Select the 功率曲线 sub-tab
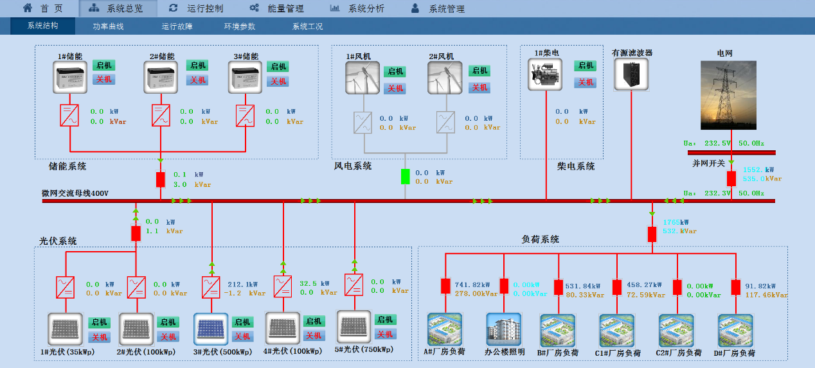tap(108, 27)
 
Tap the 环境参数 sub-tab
tap(240, 27)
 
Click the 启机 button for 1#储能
tap(103, 66)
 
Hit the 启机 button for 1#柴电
tap(586, 66)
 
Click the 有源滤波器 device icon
tap(631, 74)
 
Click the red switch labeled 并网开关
tap(731, 178)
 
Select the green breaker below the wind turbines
tap(405, 176)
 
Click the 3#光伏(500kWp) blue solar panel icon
tap(211, 329)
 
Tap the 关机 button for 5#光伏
tap(385, 334)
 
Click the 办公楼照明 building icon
tap(503, 329)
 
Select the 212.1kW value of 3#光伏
tap(242, 284)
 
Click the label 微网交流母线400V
tap(75, 193)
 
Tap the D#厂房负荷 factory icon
tap(735, 330)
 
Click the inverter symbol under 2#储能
tap(161, 116)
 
